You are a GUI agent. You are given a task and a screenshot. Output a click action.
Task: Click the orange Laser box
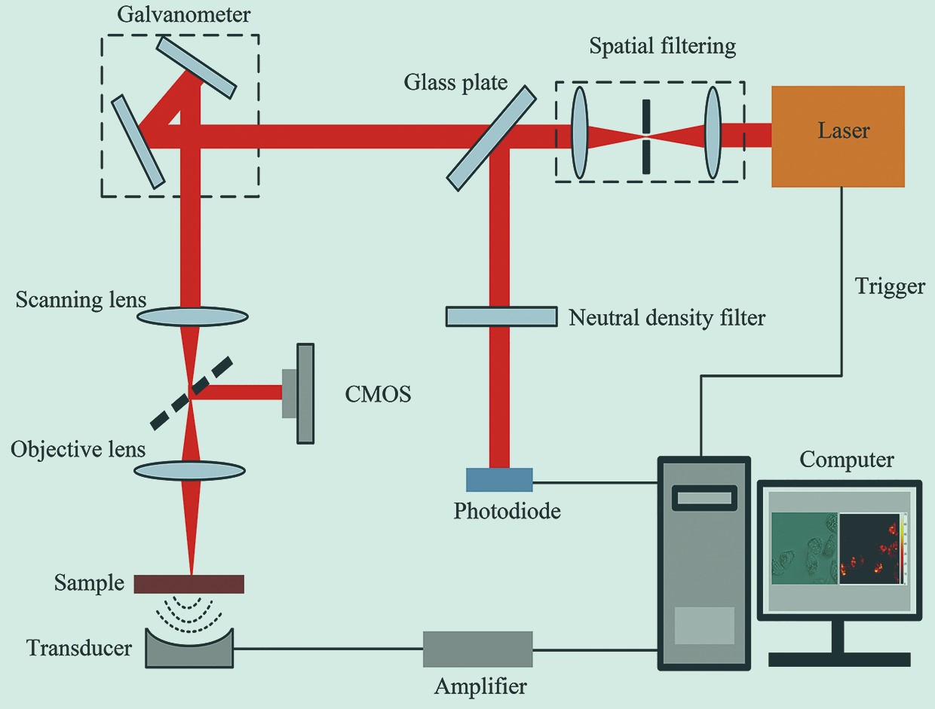tap(838, 136)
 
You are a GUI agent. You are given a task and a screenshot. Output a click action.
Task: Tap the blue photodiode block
tap(499, 480)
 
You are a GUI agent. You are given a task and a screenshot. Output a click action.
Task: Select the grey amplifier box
tap(477, 649)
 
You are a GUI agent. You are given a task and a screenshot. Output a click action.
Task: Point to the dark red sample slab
tap(189, 584)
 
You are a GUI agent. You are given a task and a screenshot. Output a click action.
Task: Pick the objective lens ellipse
tap(190, 470)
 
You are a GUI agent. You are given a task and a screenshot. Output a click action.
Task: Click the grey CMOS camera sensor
tap(304, 393)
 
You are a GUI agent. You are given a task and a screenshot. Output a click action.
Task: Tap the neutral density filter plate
tap(501, 316)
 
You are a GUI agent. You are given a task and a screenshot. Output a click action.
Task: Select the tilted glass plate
tap(492, 137)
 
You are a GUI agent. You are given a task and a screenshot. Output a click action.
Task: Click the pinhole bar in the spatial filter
tap(645, 136)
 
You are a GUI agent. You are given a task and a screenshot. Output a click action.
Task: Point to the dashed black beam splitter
tap(192, 394)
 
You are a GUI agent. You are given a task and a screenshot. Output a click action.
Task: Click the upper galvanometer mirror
tap(197, 67)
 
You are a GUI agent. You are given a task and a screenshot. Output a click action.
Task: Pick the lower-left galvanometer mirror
tap(138, 141)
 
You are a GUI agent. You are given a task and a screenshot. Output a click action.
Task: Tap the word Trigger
tap(890, 287)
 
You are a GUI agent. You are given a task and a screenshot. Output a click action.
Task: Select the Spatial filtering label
tap(662, 47)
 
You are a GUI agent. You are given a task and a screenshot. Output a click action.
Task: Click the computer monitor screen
tap(838, 549)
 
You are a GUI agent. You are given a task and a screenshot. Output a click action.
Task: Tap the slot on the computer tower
tap(705, 497)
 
